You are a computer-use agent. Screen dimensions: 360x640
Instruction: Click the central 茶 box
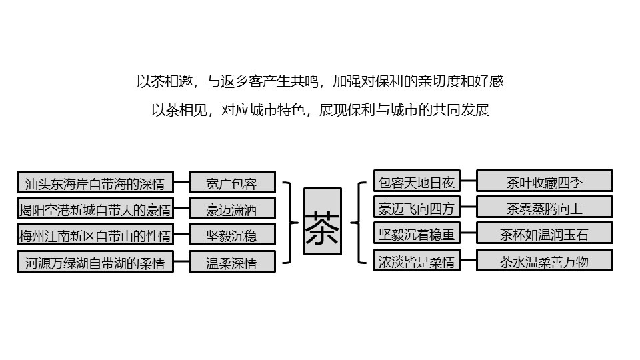[x=323, y=221]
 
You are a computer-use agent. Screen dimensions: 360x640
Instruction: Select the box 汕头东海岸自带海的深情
[x=95, y=183]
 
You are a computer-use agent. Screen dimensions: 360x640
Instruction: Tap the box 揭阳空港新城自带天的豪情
[x=95, y=209]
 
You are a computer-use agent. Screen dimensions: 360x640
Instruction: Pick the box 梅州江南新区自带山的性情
[x=95, y=235]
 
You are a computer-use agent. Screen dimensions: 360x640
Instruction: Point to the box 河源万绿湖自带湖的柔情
[x=95, y=261]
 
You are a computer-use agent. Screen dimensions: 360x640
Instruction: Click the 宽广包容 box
[x=231, y=183]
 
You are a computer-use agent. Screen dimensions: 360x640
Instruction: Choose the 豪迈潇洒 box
[x=231, y=209]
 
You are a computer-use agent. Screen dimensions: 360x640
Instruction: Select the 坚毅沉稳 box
[x=231, y=235]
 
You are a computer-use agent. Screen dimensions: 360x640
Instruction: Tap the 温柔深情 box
[x=231, y=261]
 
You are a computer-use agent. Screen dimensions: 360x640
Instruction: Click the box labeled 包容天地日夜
[x=416, y=181]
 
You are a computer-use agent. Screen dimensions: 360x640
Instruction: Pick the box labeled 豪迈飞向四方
[x=416, y=208]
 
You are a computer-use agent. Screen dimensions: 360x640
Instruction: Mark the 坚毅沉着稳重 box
[x=416, y=234]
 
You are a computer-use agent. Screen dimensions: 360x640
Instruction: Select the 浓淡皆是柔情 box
[x=416, y=261]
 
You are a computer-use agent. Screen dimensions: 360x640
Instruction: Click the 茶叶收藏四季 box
[x=544, y=181]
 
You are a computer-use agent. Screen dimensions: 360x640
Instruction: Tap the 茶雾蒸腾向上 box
[x=544, y=207]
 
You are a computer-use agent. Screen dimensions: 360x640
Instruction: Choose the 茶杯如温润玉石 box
[x=544, y=233]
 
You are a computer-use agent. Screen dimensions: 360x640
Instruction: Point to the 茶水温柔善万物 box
[x=544, y=260]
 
